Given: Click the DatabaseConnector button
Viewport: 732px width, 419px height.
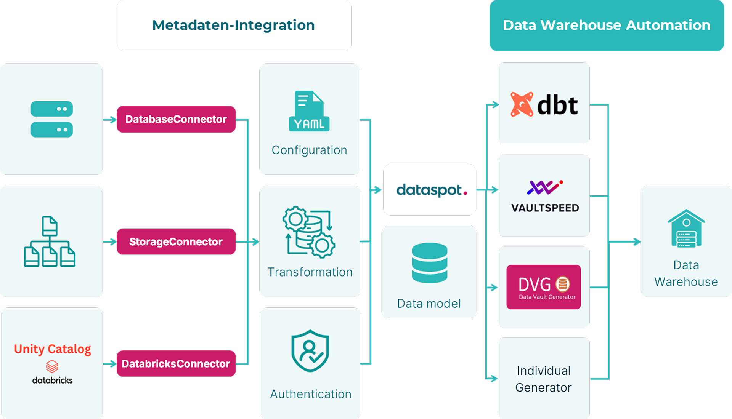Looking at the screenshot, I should pos(176,119).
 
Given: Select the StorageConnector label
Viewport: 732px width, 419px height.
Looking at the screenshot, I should pos(176,241).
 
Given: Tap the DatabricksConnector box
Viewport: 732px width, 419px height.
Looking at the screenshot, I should pos(176,364).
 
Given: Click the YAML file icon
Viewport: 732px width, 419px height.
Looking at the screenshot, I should pos(309,111).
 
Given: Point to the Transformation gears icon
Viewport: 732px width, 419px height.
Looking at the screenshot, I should pos(309,232).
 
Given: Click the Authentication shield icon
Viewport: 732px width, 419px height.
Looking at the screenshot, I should pos(310,351).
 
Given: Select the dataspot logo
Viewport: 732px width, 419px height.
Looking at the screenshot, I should pos(431,190).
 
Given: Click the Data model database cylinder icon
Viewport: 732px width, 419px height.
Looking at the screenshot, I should pos(430,263).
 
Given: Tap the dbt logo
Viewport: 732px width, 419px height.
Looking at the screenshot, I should pos(544,104).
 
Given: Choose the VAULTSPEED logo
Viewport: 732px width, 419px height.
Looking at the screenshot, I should pos(545,197).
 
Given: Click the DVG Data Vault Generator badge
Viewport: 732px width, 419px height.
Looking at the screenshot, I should pos(544,287).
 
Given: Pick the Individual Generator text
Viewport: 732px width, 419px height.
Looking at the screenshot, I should pos(544,379).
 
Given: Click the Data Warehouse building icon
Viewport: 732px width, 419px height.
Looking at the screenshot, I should pos(686,229).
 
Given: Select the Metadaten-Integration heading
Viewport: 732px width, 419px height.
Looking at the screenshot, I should pos(233,25).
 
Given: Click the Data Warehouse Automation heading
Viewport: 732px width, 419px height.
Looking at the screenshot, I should pos(607,25).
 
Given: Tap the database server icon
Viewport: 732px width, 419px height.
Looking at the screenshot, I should pos(51,119).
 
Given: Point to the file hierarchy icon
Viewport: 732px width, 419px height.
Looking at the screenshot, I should pos(50,241).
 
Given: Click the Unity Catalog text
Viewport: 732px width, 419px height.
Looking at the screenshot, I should pos(53,349).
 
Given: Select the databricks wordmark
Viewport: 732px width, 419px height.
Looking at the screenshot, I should pos(53,380).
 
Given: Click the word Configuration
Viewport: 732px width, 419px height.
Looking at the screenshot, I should pos(309,150).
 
